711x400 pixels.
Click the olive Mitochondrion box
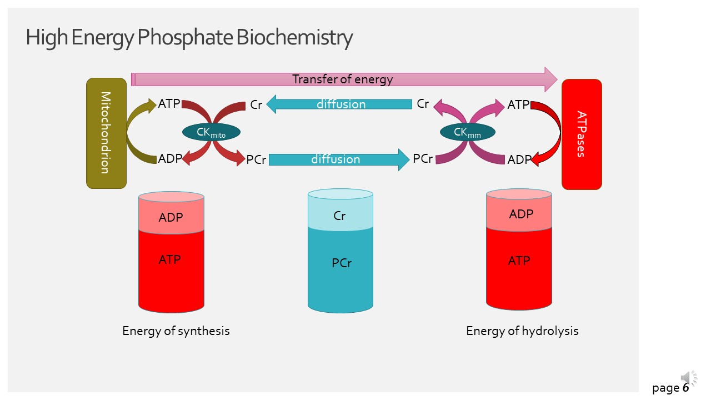tap(106, 133)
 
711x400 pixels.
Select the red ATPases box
tap(582, 134)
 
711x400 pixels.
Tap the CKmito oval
tap(211, 132)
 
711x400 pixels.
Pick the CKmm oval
tap(467, 132)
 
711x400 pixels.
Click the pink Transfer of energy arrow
tap(343, 79)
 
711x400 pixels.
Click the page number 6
tap(686, 388)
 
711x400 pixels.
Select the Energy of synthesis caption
tap(176, 331)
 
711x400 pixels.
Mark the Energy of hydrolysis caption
tap(522, 331)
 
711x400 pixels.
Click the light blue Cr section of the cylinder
tap(340, 216)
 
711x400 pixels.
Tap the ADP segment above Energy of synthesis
tap(171, 217)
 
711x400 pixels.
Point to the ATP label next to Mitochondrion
tap(169, 103)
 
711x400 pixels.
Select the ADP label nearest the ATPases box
tap(519, 160)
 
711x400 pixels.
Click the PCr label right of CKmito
tap(256, 160)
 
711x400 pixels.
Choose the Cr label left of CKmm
tap(423, 104)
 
